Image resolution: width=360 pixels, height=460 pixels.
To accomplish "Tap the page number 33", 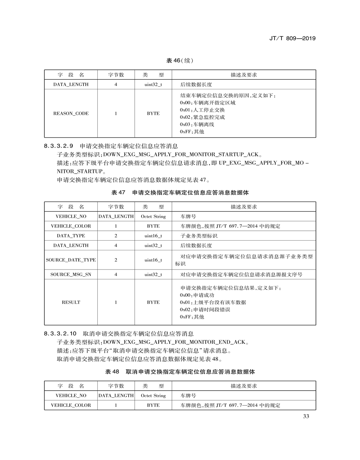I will [x=306, y=417].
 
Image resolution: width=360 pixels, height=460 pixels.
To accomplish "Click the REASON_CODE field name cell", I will [x=71, y=113].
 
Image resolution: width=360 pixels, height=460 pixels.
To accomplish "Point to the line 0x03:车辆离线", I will [x=197, y=125].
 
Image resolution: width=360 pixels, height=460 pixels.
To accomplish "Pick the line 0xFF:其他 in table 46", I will [x=192, y=132].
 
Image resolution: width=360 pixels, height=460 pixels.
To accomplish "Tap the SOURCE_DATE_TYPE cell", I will [x=71, y=260].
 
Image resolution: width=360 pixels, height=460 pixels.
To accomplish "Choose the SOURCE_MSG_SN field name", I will [x=71, y=274].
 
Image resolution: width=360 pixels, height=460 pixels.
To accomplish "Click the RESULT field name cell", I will [x=71, y=302].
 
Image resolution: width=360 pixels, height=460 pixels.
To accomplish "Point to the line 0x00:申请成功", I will [x=197, y=295].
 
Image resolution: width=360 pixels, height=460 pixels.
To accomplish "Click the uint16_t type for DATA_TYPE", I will [x=153, y=236].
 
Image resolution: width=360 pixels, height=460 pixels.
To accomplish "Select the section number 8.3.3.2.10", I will [x=61, y=333].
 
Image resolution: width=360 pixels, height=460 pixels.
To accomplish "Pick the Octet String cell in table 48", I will [x=153, y=396].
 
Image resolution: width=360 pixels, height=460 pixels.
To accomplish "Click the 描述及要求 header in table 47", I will [x=244, y=207].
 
